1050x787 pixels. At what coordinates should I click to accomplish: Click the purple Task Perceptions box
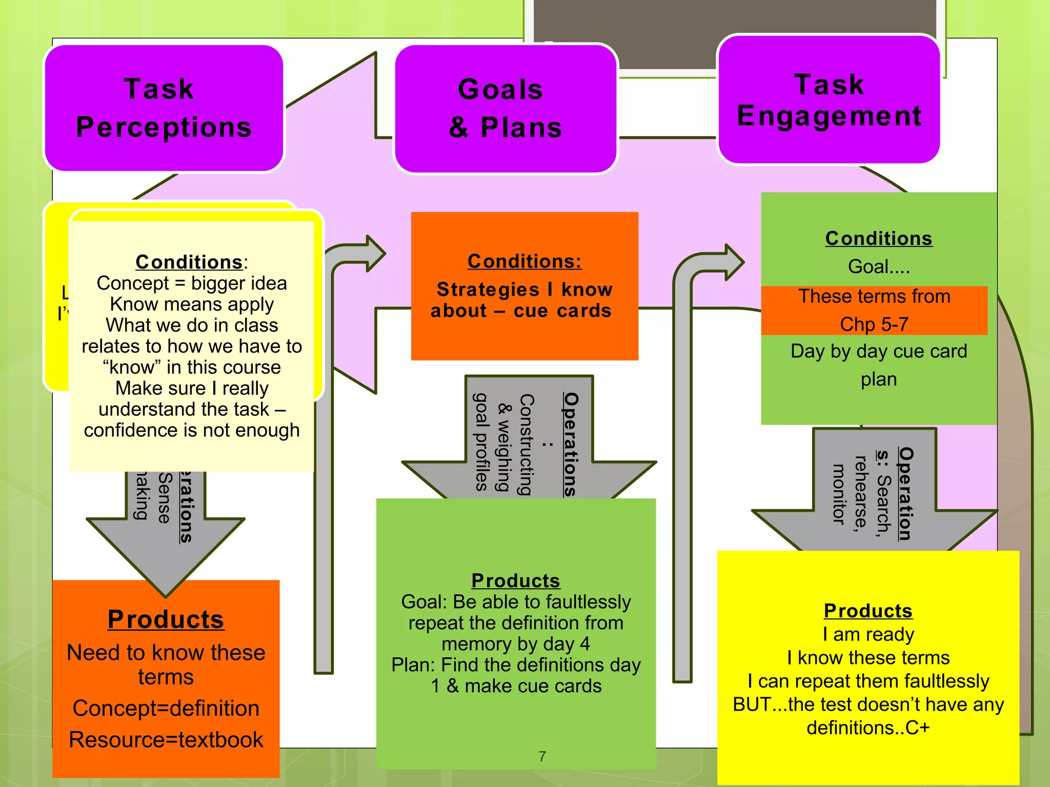pyautogui.click(x=164, y=108)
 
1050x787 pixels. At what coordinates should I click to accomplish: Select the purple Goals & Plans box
pyautogui.click(x=506, y=109)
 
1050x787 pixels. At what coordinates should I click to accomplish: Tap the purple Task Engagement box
pyautogui.click(x=829, y=100)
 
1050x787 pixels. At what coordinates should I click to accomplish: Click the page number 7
pyautogui.click(x=542, y=756)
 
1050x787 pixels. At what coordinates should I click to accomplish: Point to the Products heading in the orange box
pyautogui.click(x=166, y=619)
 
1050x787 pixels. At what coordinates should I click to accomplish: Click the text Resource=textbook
pyautogui.click(x=166, y=740)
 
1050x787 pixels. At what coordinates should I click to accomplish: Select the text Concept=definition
pyautogui.click(x=166, y=709)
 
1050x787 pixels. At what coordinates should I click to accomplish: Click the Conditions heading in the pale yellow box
pyautogui.click(x=189, y=262)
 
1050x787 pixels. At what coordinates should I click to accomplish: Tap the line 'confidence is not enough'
pyautogui.click(x=192, y=430)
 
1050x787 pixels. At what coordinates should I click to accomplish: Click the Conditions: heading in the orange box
pyautogui.click(x=524, y=261)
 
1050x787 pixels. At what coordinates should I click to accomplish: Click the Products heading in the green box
pyautogui.click(x=516, y=581)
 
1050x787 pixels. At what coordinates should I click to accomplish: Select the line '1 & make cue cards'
pyautogui.click(x=516, y=686)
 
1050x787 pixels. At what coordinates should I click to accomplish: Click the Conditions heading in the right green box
pyautogui.click(x=879, y=238)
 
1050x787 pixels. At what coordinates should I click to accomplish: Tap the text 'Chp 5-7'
pyautogui.click(x=874, y=324)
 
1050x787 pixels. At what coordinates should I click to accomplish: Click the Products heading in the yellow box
pyautogui.click(x=868, y=611)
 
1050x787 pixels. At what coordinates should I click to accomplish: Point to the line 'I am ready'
pyautogui.click(x=868, y=635)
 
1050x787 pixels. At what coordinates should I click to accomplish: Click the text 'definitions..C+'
pyautogui.click(x=868, y=728)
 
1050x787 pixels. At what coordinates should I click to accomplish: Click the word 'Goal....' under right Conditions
pyautogui.click(x=879, y=267)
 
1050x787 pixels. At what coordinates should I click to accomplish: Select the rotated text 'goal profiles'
pyautogui.click(x=481, y=442)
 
